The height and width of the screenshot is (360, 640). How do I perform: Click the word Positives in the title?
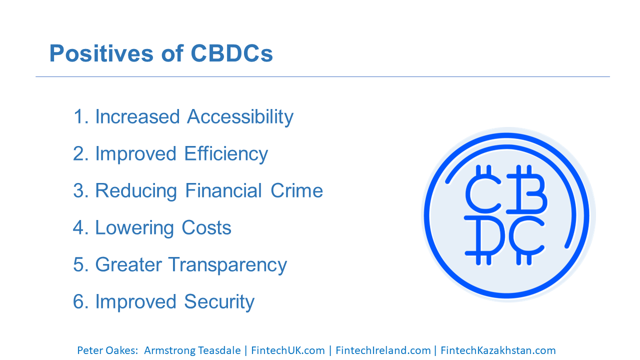[x=101, y=53]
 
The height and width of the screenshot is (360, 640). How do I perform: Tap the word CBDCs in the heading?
[x=231, y=53]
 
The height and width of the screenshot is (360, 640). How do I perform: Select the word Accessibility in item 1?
[x=240, y=117]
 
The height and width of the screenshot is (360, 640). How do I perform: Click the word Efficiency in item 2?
[x=226, y=154]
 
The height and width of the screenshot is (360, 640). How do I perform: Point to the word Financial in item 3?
[x=223, y=190]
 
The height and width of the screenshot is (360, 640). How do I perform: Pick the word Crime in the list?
[x=296, y=190]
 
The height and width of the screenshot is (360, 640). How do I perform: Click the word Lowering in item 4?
[x=134, y=228]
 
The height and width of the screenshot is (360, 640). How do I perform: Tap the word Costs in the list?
[x=206, y=227]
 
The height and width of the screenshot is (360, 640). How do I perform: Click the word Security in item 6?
[x=219, y=302]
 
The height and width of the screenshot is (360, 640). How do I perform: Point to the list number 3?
[x=78, y=190]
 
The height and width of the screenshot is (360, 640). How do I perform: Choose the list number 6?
[x=78, y=301]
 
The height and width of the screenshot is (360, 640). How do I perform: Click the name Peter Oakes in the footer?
[x=107, y=350]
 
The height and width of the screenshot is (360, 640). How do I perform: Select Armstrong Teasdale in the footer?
[x=192, y=350]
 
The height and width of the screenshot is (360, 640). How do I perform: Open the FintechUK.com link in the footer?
[x=288, y=350]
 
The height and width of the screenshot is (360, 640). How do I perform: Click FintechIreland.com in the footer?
[x=383, y=350]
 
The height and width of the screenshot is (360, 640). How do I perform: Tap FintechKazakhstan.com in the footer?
[x=498, y=350]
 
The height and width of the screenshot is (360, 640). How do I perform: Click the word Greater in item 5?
[x=128, y=264]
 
